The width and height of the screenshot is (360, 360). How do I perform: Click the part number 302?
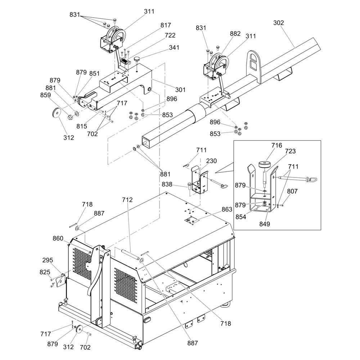(x=278, y=23)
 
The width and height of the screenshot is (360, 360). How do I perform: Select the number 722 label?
(x=170, y=35)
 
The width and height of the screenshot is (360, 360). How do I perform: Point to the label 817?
(x=166, y=25)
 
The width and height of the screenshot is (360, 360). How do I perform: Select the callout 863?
(x=227, y=209)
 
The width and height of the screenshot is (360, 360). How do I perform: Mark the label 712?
(x=127, y=200)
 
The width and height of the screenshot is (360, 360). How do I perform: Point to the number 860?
(x=58, y=238)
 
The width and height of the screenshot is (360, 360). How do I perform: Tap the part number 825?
(x=45, y=272)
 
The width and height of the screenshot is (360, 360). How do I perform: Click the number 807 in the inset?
(x=292, y=192)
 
